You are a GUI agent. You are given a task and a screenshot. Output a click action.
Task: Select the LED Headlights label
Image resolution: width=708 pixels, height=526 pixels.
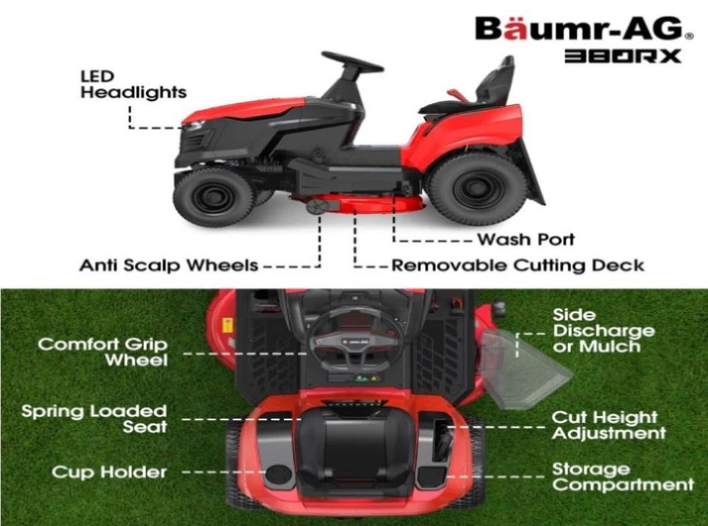133,84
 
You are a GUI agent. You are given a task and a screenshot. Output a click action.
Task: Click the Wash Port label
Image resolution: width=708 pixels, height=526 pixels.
525,240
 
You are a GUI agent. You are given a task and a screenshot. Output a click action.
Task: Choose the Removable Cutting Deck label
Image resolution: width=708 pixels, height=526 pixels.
518,265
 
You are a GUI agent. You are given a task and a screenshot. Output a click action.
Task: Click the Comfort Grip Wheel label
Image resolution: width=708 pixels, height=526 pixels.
102,352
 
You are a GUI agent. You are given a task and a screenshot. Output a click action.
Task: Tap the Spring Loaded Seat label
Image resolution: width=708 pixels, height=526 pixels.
94,419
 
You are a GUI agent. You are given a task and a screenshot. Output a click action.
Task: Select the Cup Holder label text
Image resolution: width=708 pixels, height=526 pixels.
109,473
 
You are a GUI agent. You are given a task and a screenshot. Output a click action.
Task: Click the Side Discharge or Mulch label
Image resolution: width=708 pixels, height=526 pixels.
603,331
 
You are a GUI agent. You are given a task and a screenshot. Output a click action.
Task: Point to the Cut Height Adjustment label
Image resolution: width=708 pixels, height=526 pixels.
608,426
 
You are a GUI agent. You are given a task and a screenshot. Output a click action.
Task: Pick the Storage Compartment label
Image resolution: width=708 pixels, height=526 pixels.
622,478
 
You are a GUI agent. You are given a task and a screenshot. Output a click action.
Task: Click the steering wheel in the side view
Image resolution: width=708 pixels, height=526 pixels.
352,61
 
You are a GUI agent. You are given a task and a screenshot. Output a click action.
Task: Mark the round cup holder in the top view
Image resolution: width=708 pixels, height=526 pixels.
279,474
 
